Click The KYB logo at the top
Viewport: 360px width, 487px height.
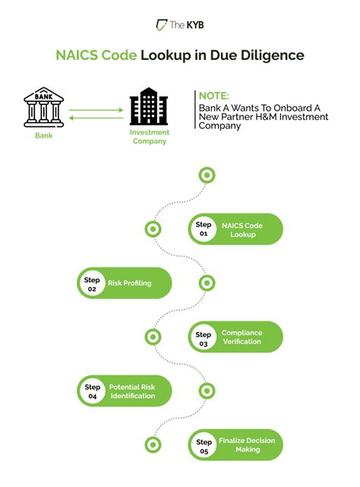click(x=180, y=25)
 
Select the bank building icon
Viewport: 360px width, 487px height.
click(x=44, y=107)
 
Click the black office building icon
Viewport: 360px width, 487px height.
click(x=149, y=106)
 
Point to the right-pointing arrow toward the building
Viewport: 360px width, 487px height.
click(x=96, y=110)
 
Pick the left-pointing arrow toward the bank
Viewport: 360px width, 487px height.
click(x=96, y=118)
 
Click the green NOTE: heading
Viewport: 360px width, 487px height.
click(x=213, y=96)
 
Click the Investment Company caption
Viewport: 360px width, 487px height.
click(x=150, y=137)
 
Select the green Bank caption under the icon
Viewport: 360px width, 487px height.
click(x=44, y=135)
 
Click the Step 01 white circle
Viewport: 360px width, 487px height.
click(x=204, y=229)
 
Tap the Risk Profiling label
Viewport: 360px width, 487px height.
click(x=130, y=283)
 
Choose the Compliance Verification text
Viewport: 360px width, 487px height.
click(x=242, y=337)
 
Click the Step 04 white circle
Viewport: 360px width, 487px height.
click(x=92, y=391)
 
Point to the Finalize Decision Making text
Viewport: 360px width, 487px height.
click(x=248, y=444)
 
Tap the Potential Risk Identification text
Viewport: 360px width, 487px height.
click(x=132, y=391)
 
